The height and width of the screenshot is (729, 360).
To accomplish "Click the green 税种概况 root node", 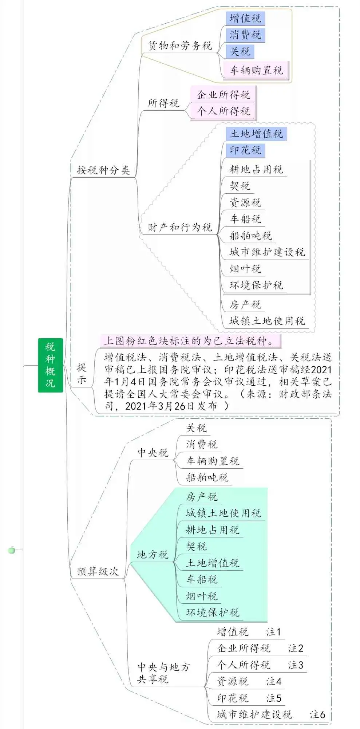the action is (51, 365).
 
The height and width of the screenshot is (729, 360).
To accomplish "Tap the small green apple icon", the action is (12, 550).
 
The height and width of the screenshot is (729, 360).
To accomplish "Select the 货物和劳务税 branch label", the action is (180, 46).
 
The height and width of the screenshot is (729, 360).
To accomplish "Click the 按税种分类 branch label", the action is (103, 170).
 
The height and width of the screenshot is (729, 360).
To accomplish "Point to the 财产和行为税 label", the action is (180, 227).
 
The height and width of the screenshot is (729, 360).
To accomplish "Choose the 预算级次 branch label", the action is (98, 571).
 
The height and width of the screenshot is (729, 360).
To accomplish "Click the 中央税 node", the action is (153, 453).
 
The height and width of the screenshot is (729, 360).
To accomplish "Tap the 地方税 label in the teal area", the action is (153, 555).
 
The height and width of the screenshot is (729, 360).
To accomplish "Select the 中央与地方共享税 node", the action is (164, 673).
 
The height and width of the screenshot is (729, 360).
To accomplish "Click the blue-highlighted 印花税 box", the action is (245, 150).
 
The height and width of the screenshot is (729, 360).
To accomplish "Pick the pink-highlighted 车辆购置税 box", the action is (256, 70).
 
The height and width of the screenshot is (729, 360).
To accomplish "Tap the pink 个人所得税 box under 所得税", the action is (223, 111).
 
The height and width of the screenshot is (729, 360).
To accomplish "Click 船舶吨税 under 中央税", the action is (207, 477).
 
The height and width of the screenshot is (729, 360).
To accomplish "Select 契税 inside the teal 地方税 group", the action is (197, 546).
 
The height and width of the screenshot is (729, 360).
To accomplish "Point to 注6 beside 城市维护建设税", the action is (317, 714).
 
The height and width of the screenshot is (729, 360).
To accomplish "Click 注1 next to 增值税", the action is (273, 632).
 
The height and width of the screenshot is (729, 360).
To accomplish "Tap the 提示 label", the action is (82, 374).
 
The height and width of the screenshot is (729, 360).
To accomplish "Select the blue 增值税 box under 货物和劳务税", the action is (245, 18).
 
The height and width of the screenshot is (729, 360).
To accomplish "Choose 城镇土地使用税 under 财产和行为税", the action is (267, 321).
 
